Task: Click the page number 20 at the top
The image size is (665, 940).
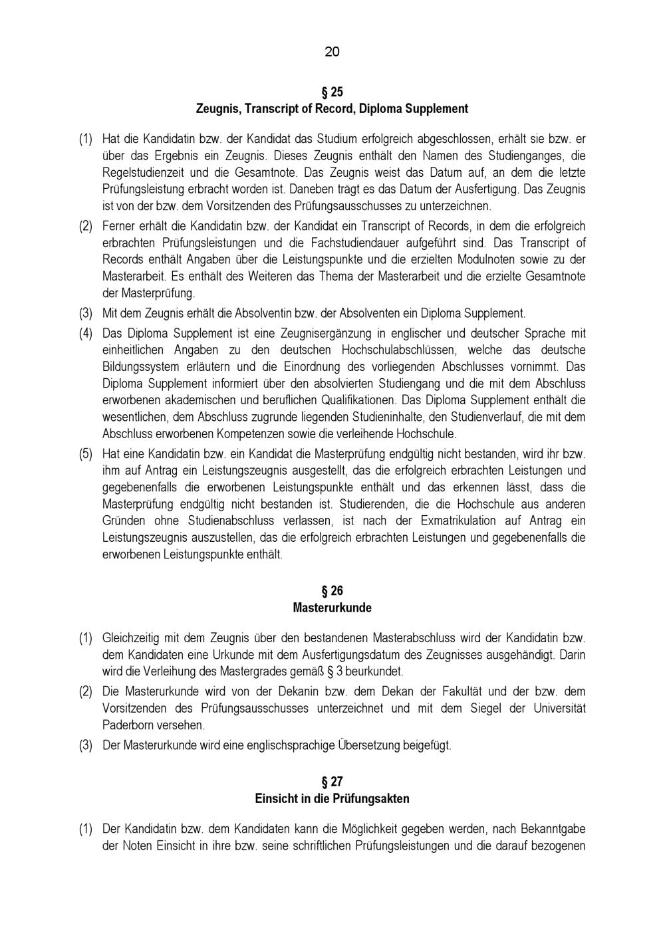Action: pyautogui.click(x=332, y=52)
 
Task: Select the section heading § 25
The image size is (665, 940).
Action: pyautogui.click(x=332, y=92)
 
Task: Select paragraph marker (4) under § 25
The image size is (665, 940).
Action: pyautogui.click(x=86, y=333)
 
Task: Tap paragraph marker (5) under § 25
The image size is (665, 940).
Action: pyautogui.click(x=86, y=455)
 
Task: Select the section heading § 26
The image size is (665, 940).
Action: pyautogui.click(x=332, y=591)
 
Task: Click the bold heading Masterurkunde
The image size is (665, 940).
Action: pyautogui.click(x=332, y=608)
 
